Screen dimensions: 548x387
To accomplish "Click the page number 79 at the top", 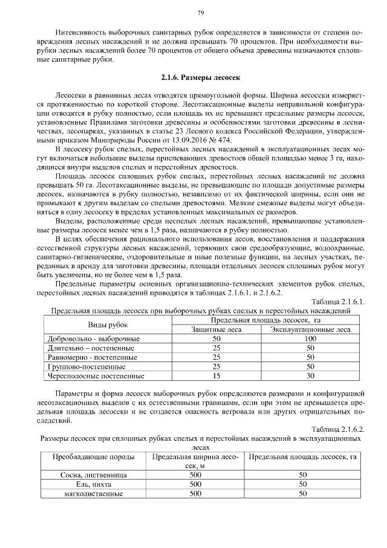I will pyautogui.click(x=200, y=13).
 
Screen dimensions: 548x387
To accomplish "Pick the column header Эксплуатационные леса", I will pyautogui.click(x=310, y=329).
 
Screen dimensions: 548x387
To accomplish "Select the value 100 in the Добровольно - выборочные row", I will pyautogui.click(x=310, y=339).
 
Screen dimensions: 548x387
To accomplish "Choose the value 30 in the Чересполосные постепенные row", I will pyautogui.click(x=310, y=375).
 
